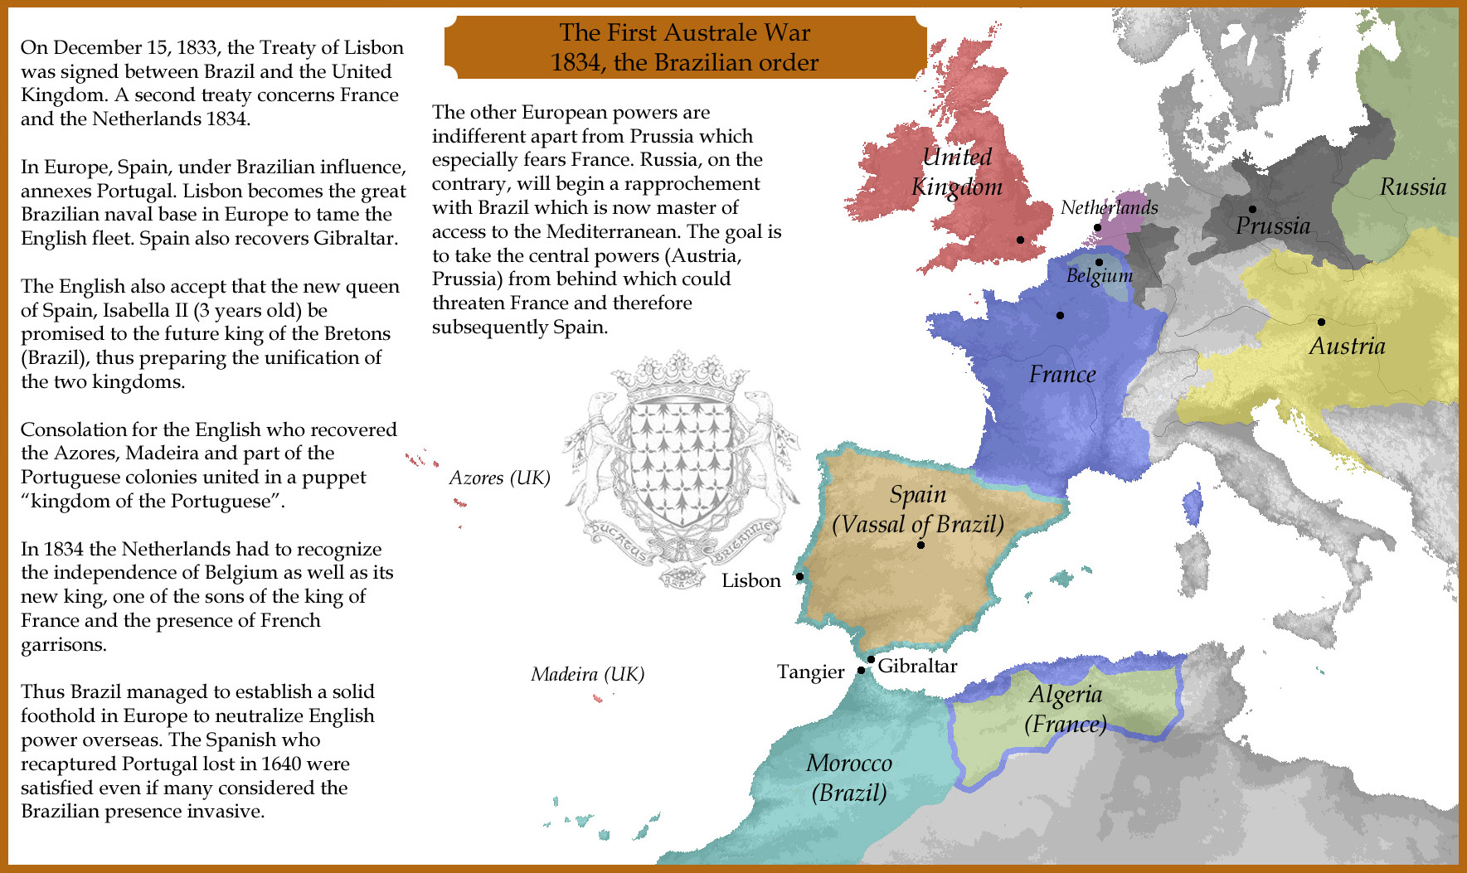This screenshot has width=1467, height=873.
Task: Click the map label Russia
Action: [x=1412, y=187]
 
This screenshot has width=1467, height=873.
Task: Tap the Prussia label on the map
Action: [x=1273, y=226]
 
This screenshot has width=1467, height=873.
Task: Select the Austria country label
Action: [x=1347, y=346]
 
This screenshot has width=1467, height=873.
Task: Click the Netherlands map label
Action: [x=1109, y=207]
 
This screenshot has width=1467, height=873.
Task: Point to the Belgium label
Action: [x=1099, y=275]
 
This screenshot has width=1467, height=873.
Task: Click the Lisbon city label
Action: [x=751, y=580]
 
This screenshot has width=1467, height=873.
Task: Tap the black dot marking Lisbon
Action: [x=799, y=576]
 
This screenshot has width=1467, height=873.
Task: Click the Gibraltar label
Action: [x=917, y=666]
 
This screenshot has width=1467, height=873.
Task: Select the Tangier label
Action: [x=810, y=672]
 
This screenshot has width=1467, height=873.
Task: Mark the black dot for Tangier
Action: [x=861, y=671]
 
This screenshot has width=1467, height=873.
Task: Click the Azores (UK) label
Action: [x=499, y=478]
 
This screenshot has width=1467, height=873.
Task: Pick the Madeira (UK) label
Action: [x=587, y=674]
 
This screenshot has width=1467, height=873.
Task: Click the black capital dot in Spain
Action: [x=921, y=545]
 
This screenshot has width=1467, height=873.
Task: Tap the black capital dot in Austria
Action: [x=1321, y=322]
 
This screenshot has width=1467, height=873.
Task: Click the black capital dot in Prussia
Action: [x=1252, y=209]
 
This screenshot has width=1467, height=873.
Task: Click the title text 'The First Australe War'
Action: [x=684, y=32]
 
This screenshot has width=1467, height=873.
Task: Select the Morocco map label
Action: [x=849, y=763]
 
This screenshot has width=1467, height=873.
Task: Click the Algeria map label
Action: [x=1066, y=695]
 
